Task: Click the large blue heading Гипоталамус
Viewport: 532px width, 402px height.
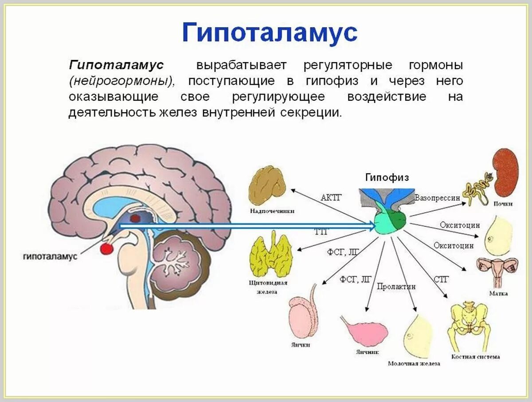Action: [x=270, y=32]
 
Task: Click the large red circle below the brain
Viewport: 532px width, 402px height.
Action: [x=106, y=248]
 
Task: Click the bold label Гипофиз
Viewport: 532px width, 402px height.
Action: [x=387, y=177]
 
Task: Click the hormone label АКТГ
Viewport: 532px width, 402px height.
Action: [x=331, y=197]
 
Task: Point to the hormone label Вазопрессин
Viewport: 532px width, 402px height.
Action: [x=438, y=198]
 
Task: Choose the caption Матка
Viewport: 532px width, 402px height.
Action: [x=498, y=293]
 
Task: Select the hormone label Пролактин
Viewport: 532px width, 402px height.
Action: [x=396, y=287]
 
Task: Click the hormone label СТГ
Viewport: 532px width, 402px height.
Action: [x=441, y=279]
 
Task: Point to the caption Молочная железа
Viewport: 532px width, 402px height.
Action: [x=414, y=363]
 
